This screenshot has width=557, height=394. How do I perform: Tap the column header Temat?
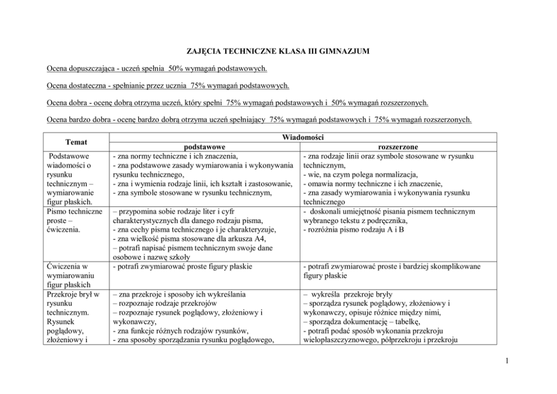pos(76,142)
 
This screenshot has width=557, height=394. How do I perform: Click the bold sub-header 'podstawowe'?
pos(205,147)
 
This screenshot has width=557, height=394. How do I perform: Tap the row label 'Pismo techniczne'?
pos(75,211)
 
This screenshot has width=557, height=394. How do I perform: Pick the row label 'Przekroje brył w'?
pos(74,293)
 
